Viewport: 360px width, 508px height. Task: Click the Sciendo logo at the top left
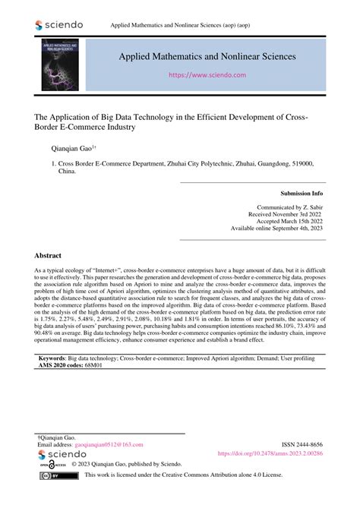tap(59, 25)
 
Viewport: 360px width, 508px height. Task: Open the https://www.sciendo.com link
tap(207, 76)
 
